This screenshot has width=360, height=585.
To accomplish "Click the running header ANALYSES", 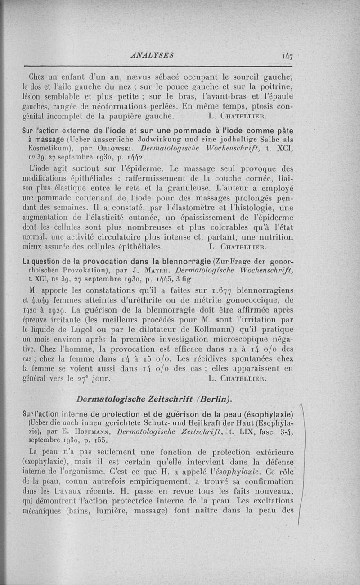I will [148, 55].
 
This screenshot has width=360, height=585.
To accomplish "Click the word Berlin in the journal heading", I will [214, 399].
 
